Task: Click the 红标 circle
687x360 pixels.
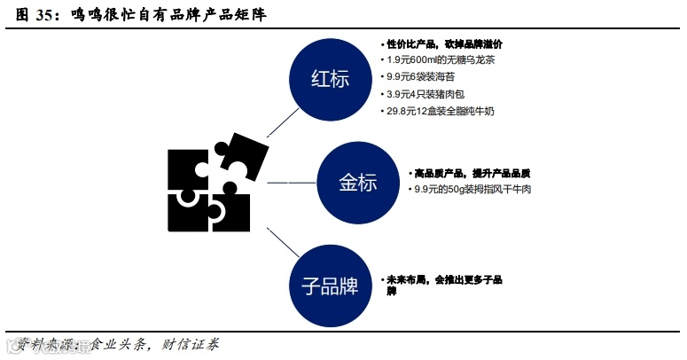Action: click(x=330, y=77)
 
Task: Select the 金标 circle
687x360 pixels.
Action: click(x=357, y=183)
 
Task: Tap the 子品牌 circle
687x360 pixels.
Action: click(x=330, y=286)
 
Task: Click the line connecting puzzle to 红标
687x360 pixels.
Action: click(x=279, y=121)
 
